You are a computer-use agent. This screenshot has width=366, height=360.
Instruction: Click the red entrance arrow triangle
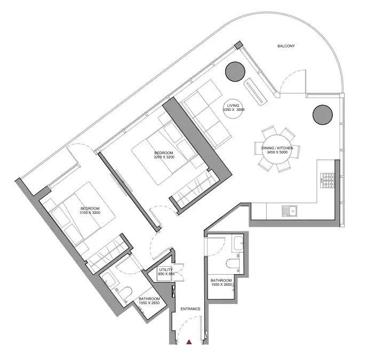pyautogui.click(x=189, y=342)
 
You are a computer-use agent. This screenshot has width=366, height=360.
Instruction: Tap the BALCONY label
pyautogui.click(x=286, y=46)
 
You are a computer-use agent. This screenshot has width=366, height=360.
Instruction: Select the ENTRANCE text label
pyautogui.click(x=190, y=309)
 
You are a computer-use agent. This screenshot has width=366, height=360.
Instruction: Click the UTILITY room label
pyautogui.click(x=166, y=270)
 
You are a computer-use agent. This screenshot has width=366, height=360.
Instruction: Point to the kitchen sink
pyautogui.click(x=289, y=211)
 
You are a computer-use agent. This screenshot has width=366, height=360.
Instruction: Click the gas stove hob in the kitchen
pyautogui.click(x=328, y=181)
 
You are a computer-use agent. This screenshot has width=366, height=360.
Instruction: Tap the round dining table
pyautogui.click(x=277, y=149)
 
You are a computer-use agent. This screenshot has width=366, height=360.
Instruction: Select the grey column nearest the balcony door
pyautogui.click(x=235, y=71)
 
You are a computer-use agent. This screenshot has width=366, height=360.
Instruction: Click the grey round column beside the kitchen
pyautogui.click(x=323, y=115)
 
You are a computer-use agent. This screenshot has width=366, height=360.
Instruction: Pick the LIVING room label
pyautogui.click(x=233, y=106)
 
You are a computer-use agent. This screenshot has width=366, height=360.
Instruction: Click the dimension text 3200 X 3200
pyautogui.click(x=164, y=157)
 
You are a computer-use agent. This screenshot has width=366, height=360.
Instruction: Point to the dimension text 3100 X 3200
pyautogui.click(x=90, y=213)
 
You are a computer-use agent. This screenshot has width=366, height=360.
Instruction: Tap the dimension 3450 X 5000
pyautogui.click(x=277, y=152)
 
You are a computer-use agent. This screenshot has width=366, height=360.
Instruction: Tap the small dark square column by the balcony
pyautogui.click(x=238, y=45)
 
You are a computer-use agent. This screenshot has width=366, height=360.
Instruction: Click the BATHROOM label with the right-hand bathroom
pyautogui.click(x=221, y=280)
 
